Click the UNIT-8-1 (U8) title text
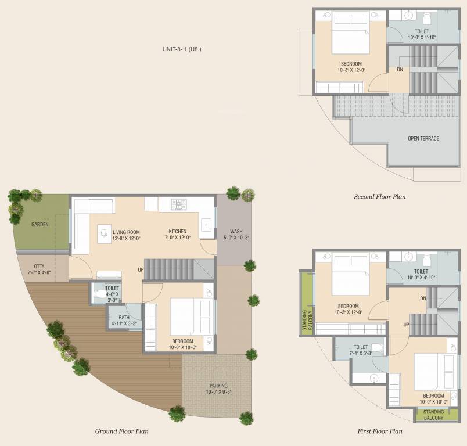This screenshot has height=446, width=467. (182, 49)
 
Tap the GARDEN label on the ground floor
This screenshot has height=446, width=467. (40, 224)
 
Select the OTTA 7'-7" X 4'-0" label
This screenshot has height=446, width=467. (40, 268)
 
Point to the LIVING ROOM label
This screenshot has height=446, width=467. (127, 235)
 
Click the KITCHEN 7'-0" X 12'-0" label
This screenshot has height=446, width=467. (177, 235)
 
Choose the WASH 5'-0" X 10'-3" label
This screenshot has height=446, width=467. (236, 235)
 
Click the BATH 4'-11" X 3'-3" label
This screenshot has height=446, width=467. (124, 320)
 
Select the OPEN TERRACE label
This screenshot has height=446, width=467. (423, 139)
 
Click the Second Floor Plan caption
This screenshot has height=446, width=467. (379, 197)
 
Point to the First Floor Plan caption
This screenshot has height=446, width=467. (379, 431)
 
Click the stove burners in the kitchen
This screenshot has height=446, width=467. (178, 204)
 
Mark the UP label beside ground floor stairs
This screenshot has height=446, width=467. (141, 270)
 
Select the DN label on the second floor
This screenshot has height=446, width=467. (400, 70)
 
